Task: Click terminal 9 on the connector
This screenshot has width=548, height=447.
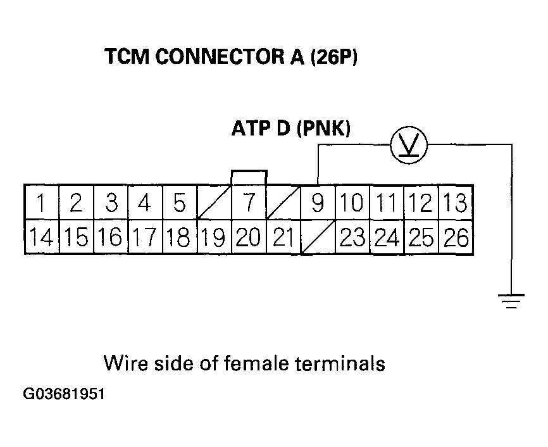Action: pos(318,202)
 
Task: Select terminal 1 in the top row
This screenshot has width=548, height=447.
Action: pos(42,202)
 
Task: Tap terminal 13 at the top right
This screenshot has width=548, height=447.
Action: pos(456,202)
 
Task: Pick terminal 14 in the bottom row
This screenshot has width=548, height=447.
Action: pos(42,237)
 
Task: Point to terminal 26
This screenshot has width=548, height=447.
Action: pos(456,237)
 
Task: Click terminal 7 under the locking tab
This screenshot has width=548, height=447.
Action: pos(249,202)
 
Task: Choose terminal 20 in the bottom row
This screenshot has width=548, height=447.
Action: pos(249,237)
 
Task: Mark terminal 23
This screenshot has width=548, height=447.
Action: pos(352,237)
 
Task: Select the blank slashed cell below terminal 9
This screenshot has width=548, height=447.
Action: pos(318,237)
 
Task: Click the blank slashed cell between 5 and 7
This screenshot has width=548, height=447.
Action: pos(215,202)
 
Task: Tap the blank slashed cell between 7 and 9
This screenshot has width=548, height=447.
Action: pos(283,202)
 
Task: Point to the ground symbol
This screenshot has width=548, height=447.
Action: pos(511,301)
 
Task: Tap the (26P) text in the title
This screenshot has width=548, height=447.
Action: pos(334,57)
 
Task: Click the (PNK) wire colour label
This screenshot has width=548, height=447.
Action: pos(323,129)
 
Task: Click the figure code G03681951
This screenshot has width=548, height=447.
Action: pos(64,394)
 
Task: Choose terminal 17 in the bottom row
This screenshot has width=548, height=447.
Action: pos(145,237)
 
